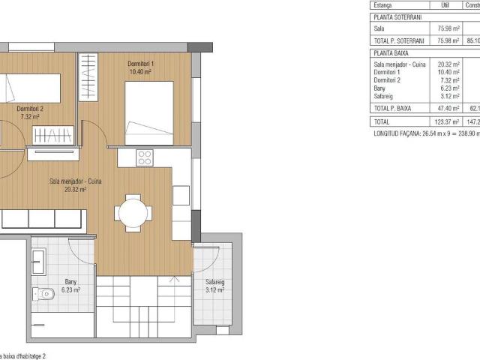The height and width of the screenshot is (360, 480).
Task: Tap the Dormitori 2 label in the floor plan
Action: [x=31, y=109]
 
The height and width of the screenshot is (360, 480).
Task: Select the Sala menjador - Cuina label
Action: [x=76, y=181]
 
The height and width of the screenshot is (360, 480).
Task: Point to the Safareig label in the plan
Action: [x=215, y=282]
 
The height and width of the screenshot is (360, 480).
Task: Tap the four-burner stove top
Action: [x=145, y=158]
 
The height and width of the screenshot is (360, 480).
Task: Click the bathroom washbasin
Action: [x=39, y=261]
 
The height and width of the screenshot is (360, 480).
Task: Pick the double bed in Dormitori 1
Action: [x=150, y=112]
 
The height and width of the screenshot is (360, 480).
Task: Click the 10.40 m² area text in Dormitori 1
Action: [x=142, y=73]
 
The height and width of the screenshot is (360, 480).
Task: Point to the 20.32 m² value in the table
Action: [x=449, y=64]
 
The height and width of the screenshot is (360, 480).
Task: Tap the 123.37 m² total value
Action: [x=448, y=121]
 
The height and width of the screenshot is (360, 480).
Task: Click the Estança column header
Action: [x=383, y=4]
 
